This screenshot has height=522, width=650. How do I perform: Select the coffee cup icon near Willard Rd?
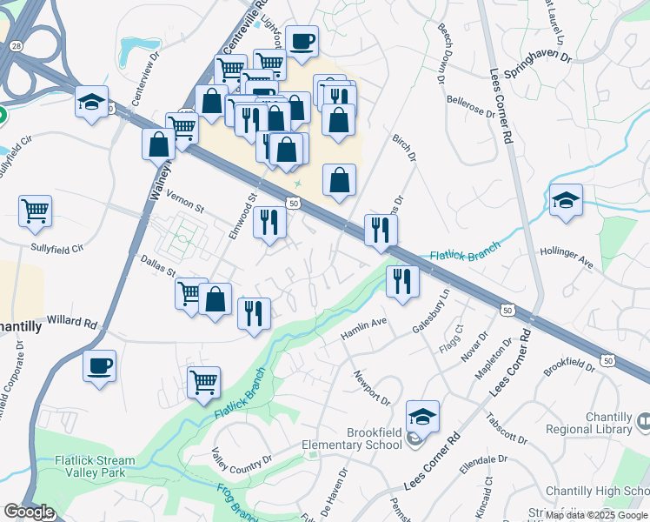tap(99, 365)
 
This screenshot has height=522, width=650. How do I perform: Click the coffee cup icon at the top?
tap(302, 40)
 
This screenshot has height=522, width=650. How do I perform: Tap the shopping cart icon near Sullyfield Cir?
tap(35, 210)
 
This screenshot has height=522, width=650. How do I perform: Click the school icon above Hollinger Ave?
tap(566, 202)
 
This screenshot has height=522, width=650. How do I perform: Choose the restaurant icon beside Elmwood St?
tap(269, 222)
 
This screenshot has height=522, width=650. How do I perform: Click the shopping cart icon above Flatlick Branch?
tap(203, 381)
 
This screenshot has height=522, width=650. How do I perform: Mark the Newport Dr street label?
tap(371, 387)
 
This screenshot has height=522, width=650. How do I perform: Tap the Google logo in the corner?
tap(29, 512)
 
